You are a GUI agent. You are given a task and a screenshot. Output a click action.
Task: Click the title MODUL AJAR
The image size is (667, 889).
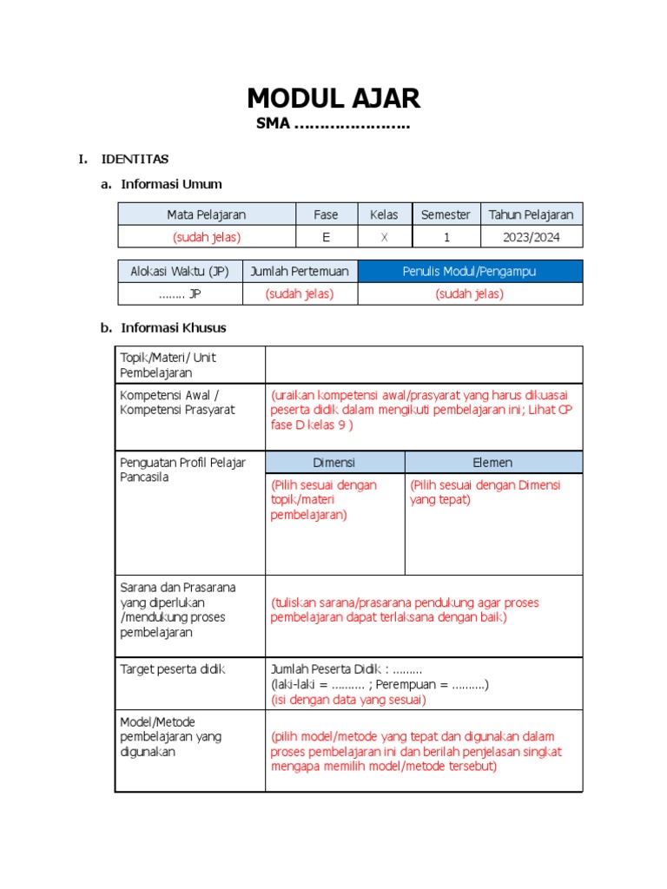coord(333,98)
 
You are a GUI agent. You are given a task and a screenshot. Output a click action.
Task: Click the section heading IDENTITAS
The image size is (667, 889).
coord(135,159)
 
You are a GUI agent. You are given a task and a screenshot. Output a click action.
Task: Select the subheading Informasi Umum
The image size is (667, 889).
coord(171,184)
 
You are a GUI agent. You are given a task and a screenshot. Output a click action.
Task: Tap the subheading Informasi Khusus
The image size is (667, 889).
coord(174,327)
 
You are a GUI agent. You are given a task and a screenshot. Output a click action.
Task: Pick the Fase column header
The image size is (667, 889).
coord(327,214)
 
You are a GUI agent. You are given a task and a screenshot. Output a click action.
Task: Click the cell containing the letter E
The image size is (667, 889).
coord(327,236)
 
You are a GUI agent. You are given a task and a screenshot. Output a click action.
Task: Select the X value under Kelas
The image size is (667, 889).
coord(384,236)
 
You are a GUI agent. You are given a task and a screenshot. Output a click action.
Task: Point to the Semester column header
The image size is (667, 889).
coord(446,214)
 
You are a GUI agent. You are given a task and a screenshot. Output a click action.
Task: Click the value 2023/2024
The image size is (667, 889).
coord(531,236)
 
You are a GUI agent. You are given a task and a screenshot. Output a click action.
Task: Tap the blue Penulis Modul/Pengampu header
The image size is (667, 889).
coord(469,272)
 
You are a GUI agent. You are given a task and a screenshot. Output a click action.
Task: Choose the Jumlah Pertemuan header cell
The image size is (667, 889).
coord(300,272)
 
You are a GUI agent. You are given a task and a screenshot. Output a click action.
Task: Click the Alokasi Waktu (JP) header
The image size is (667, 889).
coord(180,272)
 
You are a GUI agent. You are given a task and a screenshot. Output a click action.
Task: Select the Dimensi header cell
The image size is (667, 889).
coord(334,463)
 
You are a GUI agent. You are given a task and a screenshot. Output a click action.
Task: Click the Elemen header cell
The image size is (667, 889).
coord(492,463)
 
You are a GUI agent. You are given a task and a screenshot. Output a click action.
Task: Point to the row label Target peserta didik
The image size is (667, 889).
coord(172,669)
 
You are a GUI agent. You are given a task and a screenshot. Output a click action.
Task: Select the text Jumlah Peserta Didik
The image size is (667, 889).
coord(329,669)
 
